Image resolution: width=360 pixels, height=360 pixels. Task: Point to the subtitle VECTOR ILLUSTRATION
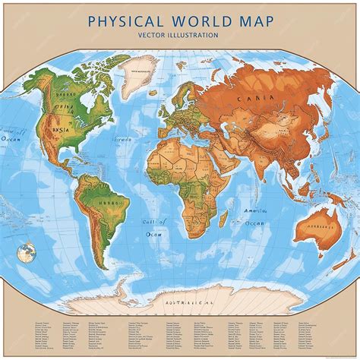179,35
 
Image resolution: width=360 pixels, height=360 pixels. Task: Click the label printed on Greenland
139,73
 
